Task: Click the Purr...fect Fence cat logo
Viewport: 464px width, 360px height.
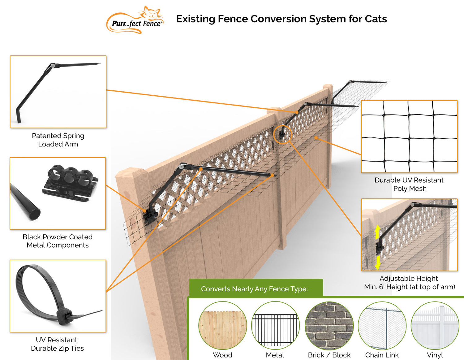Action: pyautogui.click(x=135, y=20)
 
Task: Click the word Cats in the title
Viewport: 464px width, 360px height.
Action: pyautogui.click(x=376, y=19)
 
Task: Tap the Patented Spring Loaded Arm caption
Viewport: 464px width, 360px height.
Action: pyautogui.click(x=58, y=140)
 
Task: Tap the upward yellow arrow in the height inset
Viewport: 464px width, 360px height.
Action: pyautogui.click(x=377, y=232)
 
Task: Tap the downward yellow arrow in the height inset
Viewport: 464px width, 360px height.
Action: pyautogui.click(x=377, y=262)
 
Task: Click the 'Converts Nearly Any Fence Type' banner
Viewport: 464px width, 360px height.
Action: pyautogui.click(x=254, y=289)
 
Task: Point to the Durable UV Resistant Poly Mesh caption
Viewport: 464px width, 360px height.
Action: pyautogui.click(x=409, y=184)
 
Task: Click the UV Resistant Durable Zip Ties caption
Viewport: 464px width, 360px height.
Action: pyautogui.click(x=58, y=344)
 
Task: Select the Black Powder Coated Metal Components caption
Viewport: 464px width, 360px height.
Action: pyautogui.click(x=58, y=241)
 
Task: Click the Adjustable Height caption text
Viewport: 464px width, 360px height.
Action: pyautogui.click(x=409, y=278)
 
